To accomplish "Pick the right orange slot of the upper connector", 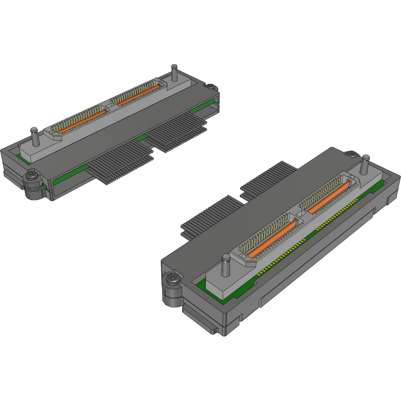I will (138, 94).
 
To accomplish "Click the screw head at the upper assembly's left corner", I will (32, 175).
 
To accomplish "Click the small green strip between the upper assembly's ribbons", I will (141, 138).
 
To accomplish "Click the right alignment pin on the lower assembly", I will (365, 163).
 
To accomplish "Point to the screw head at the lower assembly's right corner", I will (351, 153).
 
